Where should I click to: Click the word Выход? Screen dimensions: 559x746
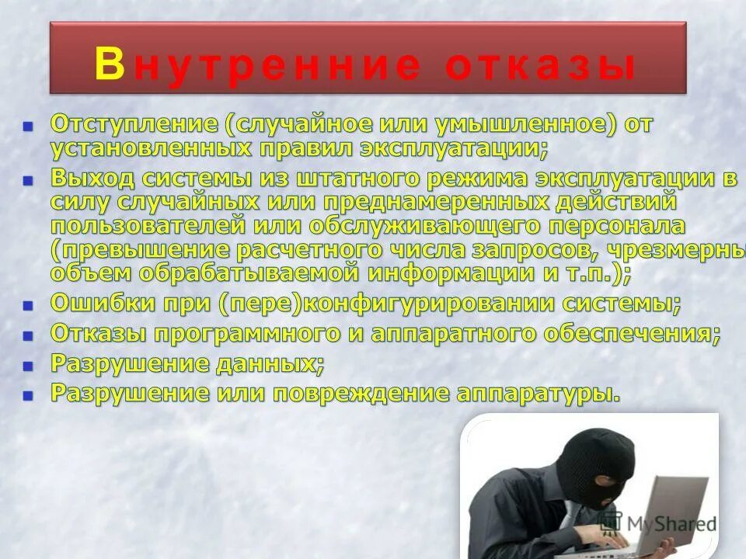(x=92, y=178)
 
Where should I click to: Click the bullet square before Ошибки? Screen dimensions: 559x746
(x=29, y=305)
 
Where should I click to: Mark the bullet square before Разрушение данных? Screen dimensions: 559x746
(x=29, y=365)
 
